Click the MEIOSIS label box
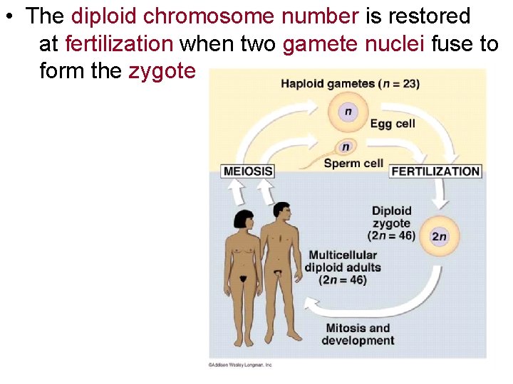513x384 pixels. [248, 171]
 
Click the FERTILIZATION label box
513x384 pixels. [435, 171]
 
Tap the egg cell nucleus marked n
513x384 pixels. [348, 112]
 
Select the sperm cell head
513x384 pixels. [346, 147]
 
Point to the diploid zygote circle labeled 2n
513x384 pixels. [439, 236]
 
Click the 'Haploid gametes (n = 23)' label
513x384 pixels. [350, 84]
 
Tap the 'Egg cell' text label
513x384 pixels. [392, 124]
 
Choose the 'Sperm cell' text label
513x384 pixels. [353, 163]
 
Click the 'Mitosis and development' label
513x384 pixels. [358, 334]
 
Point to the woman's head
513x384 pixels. [243, 220]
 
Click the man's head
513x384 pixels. [281, 212]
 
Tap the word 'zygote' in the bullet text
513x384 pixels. [162, 70]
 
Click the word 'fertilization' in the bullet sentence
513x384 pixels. [118, 43]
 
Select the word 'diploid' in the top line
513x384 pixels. [104, 16]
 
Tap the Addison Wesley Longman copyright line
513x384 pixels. [240, 365]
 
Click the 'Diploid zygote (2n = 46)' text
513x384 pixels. [391, 223]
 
